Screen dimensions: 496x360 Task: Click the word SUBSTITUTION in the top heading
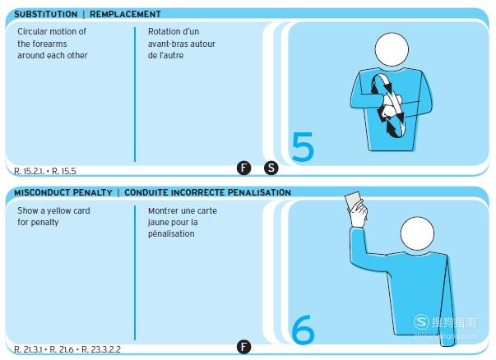(46, 14)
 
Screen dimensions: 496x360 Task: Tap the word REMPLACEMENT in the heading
(125, 14)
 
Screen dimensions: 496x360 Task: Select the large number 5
(303, 147)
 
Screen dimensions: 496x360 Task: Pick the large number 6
(303, 330)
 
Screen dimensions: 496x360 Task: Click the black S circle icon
(271, 168)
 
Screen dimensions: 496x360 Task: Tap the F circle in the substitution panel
(243, 168)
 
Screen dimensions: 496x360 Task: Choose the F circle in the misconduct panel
(243, 347)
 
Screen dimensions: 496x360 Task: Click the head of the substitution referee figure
(392, 49)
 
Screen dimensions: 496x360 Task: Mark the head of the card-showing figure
(417, 233)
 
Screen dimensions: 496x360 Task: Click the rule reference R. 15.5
(64, 171)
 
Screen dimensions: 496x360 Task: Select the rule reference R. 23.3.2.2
(101, 349)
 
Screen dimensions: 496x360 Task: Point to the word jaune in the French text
(158, 223)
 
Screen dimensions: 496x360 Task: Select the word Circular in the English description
(31, 31)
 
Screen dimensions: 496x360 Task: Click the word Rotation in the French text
(161, 31)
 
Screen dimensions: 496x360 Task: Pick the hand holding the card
(359, 214)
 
